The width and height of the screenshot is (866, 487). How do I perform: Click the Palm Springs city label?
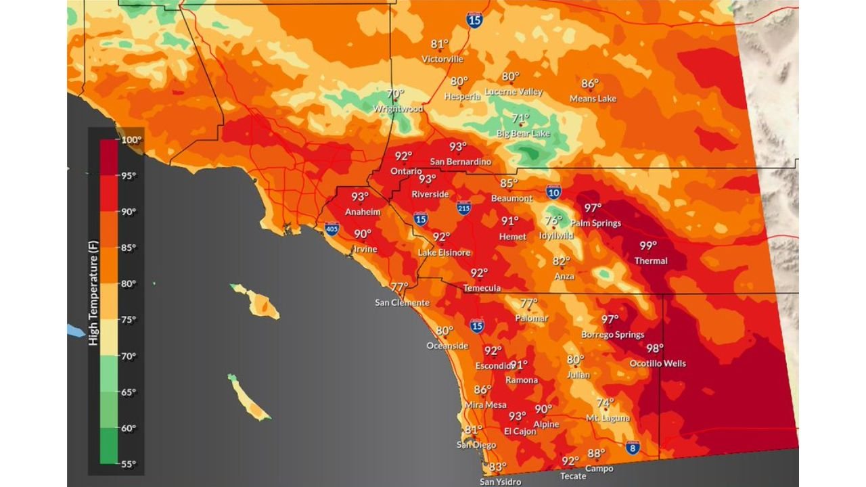point(595,223)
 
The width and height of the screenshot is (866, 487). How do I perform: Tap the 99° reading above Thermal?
point(648,246)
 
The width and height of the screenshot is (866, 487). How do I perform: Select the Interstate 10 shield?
point(553,193)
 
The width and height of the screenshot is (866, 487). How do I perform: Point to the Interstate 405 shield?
point(332,229)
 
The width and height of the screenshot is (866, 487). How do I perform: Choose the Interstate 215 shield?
point(463,208)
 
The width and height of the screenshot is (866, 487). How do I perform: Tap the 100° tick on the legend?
point(131,140)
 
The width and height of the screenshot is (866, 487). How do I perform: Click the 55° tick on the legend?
point(128,464)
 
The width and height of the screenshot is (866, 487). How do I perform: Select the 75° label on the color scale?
point(128,320)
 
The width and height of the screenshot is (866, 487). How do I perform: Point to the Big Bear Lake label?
point(524,133)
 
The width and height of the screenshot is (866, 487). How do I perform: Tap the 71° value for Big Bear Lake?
point(520,118)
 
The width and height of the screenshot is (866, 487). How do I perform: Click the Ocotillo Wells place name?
point(658,363)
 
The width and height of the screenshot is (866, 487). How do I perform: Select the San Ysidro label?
point(501,482)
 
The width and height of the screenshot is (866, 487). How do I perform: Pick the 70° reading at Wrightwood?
point(395,94)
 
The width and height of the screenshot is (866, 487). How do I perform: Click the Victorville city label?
point(442,59)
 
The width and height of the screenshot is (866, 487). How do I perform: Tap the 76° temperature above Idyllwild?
point(553,221)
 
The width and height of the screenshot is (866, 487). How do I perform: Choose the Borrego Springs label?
point(613,334)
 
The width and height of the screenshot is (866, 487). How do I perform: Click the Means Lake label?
point(593,99)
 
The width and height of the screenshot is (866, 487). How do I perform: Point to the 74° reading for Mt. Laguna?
point(605,403)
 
